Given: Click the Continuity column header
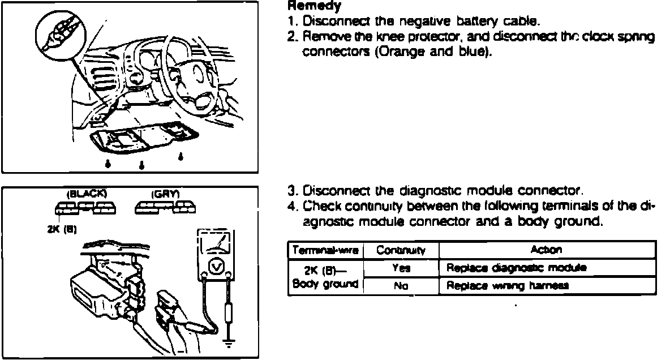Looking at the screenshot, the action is pyautogui.click(x=400, y=250).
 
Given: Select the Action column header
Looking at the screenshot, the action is pyautogui.click(x=547, y=250).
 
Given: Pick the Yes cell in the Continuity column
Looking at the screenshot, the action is pyautogui.click(x=400, y=268).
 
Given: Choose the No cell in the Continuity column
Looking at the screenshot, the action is pyautogui.click(x=400, y=286).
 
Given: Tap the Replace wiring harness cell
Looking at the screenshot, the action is pyautogui.click(x=506, y=286).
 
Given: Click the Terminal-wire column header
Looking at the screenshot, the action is pyautogui.click(x=324, y=250).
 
